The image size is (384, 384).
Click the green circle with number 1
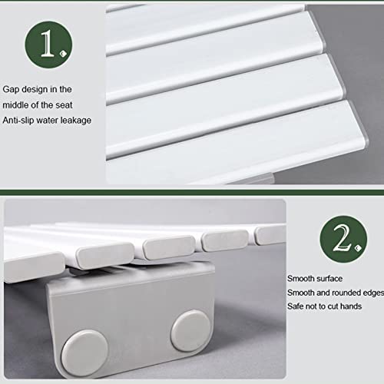[x=47, y=45]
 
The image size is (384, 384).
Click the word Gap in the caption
[x=12, y=90]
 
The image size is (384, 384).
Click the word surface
[x=328, y=278]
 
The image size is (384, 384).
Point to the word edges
[x=369, y=292]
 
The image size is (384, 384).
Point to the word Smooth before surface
[x=302, y=278]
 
